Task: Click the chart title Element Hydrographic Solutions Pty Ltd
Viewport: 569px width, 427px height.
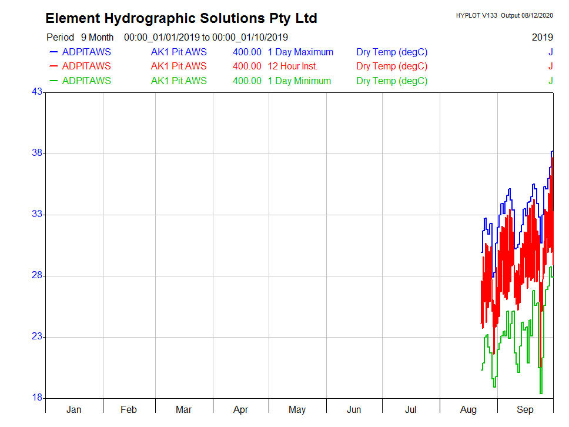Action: (181, 18)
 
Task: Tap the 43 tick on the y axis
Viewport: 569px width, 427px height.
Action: (37, 92)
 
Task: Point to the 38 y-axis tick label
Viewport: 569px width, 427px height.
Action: (37, 154)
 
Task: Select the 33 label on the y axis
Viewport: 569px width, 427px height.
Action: (37, 215)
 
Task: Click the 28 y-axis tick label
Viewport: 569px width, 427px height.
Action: (37, 276)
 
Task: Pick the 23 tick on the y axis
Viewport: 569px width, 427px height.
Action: (37, 337)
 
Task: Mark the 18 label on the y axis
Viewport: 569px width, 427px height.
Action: (37, 398)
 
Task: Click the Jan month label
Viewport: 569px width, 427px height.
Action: (74, 409)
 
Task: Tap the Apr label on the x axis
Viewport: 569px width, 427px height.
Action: (240, 409)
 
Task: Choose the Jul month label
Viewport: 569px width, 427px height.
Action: (411, 409)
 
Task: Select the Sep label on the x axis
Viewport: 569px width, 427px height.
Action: (525, 409)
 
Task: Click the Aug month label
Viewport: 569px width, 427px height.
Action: (468, 409)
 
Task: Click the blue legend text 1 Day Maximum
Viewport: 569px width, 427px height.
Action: (300, 52)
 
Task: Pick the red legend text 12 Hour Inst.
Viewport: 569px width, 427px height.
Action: (293, 66)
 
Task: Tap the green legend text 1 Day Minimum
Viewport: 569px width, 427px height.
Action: (299, 81)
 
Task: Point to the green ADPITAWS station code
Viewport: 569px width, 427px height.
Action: (86, 81)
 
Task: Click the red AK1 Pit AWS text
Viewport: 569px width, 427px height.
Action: (179, 66)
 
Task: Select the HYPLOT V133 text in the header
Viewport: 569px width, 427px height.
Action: (476, 15)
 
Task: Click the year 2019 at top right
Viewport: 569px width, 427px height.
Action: (542, 37)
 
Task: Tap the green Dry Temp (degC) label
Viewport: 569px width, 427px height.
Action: (391, 81)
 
